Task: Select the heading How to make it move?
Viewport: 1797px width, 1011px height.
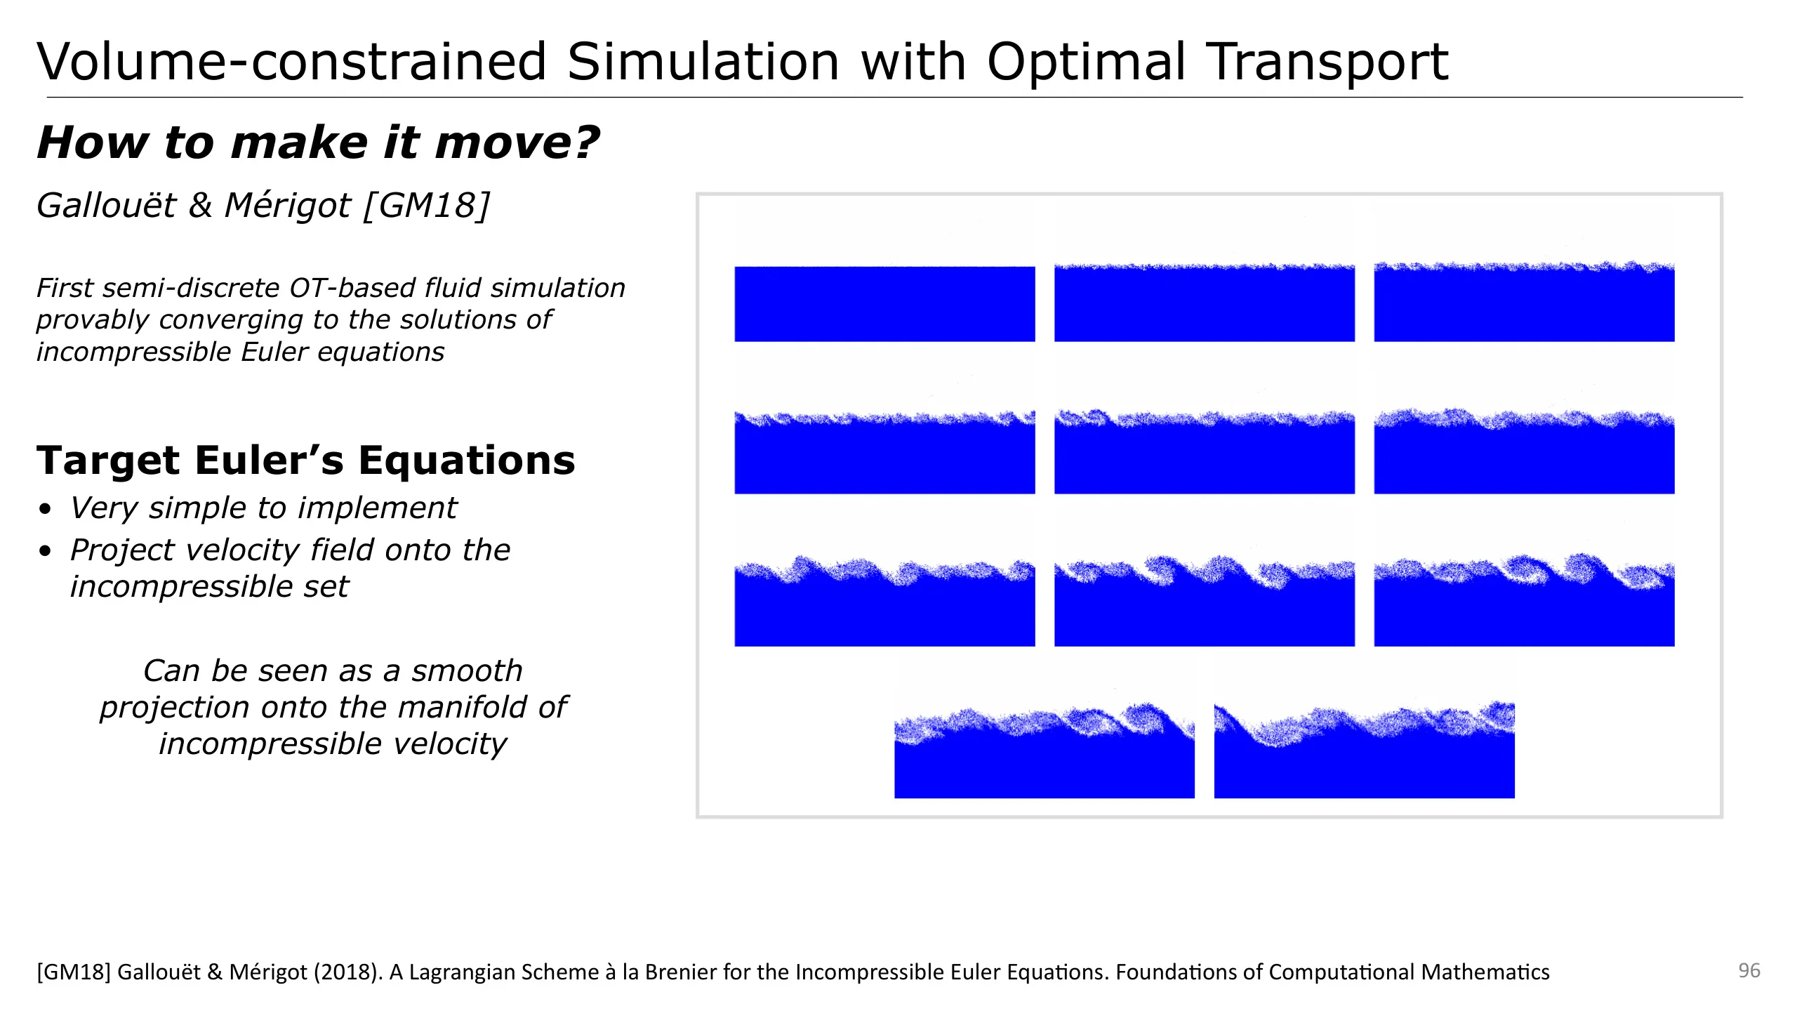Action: pyautogui.click(x=318, y=143)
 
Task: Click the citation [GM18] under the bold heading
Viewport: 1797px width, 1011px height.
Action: pyautogui.click(x=427, y=206)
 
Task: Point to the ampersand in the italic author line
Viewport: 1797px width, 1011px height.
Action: pyautogui.click(x=200, y=205)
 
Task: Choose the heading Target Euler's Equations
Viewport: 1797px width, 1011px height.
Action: pyautogui.click(x=306, y=461)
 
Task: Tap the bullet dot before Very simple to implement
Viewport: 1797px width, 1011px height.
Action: pyautogui.click(x=46, y=508)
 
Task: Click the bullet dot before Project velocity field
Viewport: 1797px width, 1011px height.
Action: pyautogui.click(x=46, y=550)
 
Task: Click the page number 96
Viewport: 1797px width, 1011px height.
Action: pyautogui.click(x=1749, y=970)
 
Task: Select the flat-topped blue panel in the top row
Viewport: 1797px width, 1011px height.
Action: pyautogui.click(x=884, y=304)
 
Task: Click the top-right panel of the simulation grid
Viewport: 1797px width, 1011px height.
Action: pyautogui.click(x=1524, y=302)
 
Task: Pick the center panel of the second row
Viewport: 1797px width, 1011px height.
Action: pyautogui.click(x=1205, y=451)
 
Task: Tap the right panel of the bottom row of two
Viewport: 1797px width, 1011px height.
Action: pyautogui.click(x=1365, y=750)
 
